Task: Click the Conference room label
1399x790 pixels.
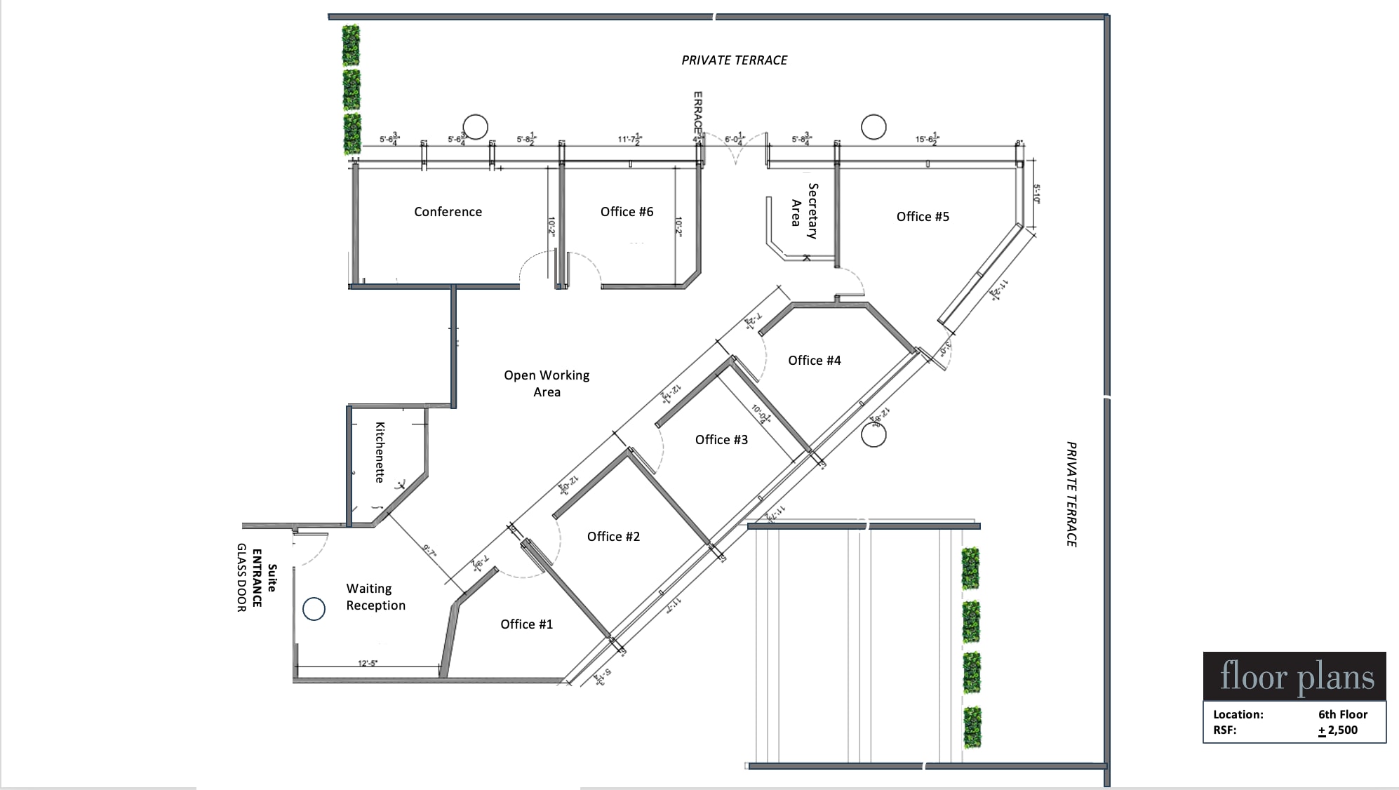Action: click(448, 212)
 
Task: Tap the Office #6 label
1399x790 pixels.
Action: click(627, 212)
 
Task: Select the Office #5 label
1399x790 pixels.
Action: click(923, 217)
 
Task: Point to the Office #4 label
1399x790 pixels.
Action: click(814, 361)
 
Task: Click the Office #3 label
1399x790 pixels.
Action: click(721, 440)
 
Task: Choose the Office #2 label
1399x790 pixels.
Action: click(613, 537)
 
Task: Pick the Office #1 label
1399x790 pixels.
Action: click(526, 624)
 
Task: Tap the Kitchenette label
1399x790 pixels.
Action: click(380, 452)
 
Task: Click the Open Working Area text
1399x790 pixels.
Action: click(547, 384)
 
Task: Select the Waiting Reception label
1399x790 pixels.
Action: click(375, 597)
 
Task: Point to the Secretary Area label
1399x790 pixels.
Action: click(804, 211)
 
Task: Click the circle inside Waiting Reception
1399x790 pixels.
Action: click(314, 609)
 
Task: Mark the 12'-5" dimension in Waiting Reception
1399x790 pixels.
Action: click(368, 663)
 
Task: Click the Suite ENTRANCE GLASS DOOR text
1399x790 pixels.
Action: click(256, 577)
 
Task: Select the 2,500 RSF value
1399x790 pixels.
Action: click(1342, 730)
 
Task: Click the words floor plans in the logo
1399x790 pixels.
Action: click(1297, 676)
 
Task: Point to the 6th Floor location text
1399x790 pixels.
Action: click(1342, 714)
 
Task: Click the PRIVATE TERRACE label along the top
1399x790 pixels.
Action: click(734, 60)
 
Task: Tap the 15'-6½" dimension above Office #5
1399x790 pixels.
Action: click(927, 139)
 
